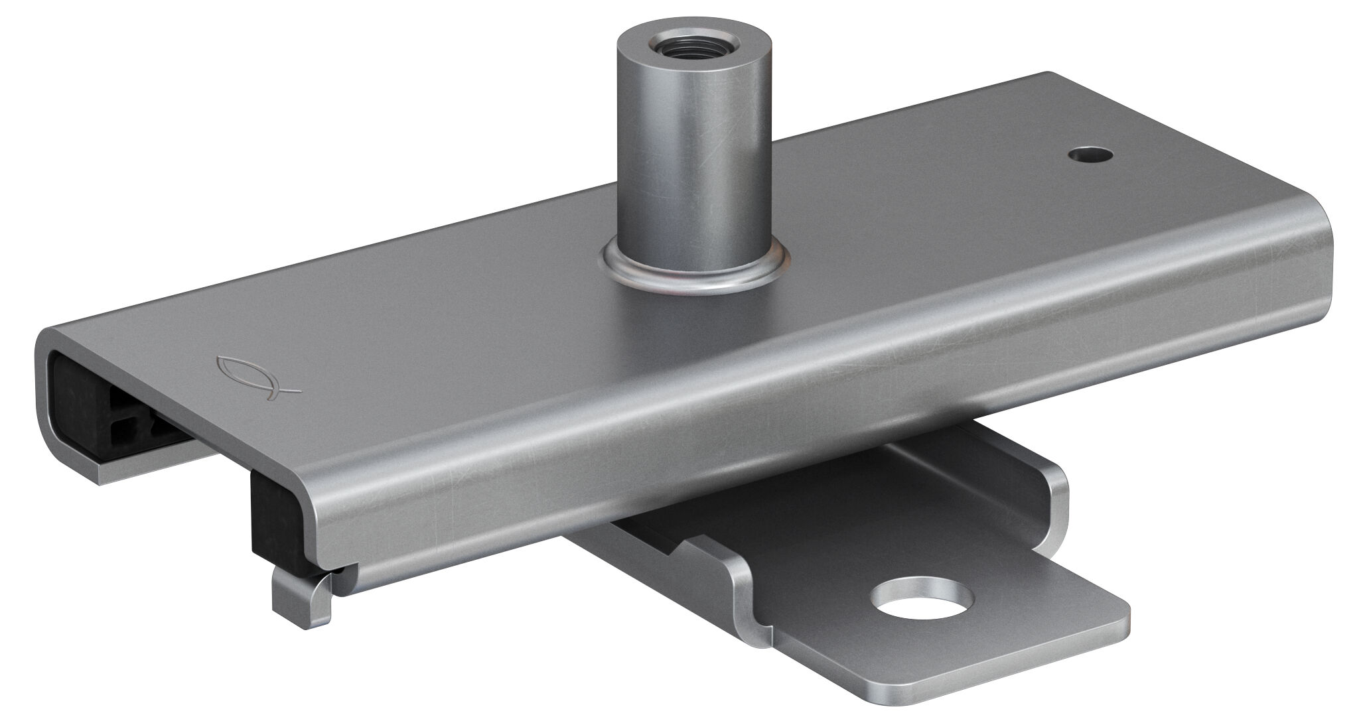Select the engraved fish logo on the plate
pos(257,375)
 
